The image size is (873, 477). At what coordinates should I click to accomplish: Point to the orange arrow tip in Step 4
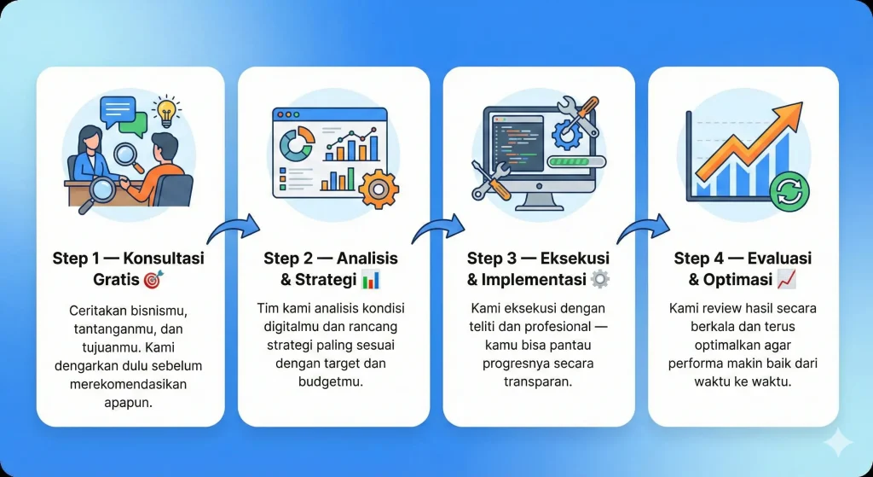[795, 109]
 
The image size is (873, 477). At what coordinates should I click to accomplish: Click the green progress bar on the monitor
[576, 160]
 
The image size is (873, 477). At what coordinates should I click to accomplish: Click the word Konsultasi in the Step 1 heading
[165, 258]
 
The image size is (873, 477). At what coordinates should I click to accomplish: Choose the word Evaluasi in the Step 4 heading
[776, 258]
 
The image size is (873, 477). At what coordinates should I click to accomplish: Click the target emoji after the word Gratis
[152, 280]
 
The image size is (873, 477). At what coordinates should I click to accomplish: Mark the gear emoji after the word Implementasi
[600, 280]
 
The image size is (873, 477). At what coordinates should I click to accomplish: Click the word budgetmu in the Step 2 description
[334, 381]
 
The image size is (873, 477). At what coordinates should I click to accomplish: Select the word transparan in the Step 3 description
[539, 382]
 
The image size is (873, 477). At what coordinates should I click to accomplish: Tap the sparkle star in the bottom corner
[837, 443]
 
